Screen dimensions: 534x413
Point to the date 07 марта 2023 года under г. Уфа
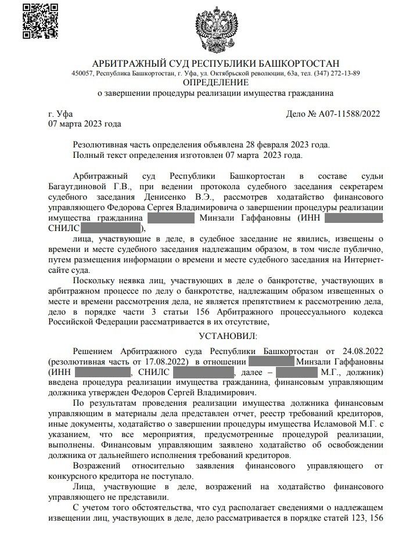84,124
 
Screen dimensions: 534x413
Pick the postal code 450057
82,73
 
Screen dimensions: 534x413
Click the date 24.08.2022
360,351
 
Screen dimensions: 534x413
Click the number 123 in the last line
347,517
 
